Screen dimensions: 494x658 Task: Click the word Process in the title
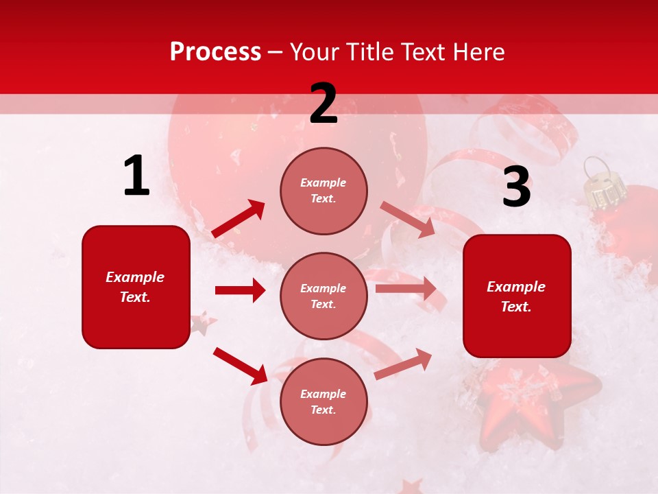[215, 52]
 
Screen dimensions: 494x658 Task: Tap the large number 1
[136, 176]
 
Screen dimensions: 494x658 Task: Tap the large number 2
[324, 104]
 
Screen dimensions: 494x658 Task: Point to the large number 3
[516, 187]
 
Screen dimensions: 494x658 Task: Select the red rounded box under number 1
[136, 287]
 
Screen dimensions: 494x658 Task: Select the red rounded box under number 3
[517, 296]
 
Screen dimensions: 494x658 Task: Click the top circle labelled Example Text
[324, 191]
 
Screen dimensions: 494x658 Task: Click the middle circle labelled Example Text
[324, 296]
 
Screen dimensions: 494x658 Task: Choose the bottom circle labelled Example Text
[324, 401]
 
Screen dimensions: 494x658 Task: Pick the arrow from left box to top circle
[239, 218]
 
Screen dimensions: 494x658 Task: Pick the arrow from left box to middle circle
[240, 290]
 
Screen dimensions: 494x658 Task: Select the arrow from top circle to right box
[407, 219]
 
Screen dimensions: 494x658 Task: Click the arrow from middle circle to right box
[406, 289]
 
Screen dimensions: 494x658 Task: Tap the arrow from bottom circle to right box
[403, 364]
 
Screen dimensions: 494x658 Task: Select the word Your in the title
[313, 52]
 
